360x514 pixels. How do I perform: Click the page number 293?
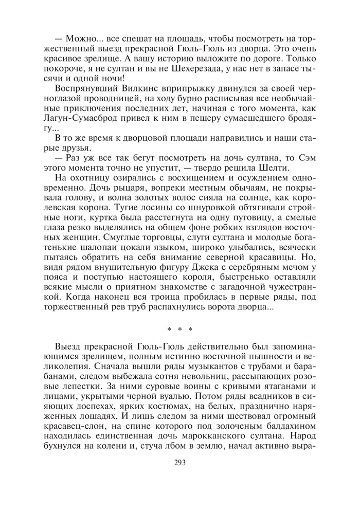(180, 462)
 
